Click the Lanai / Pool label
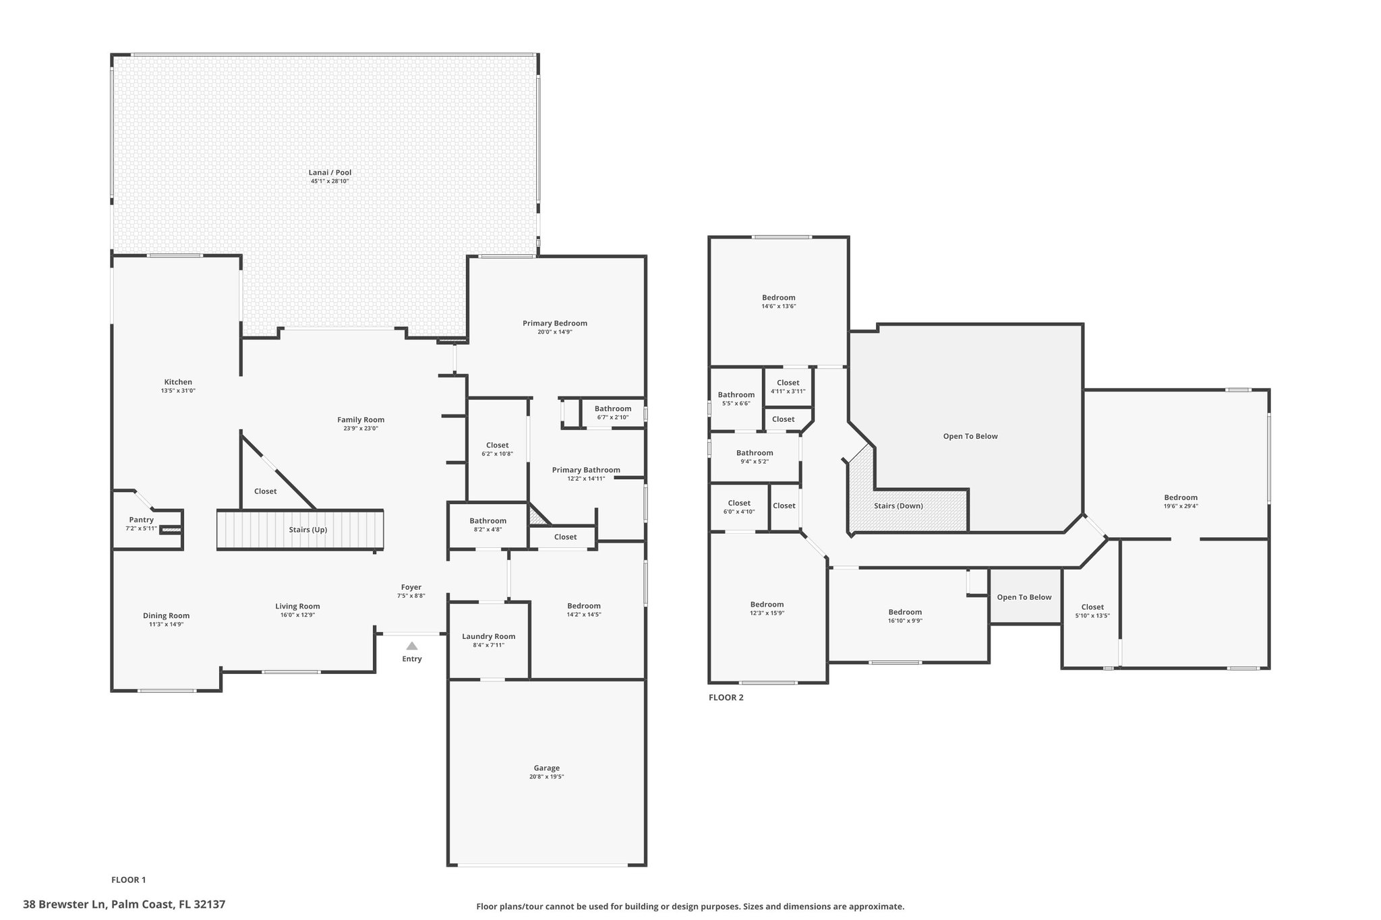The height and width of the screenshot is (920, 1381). (x=330, y=173)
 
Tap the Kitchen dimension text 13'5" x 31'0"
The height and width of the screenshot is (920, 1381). (x=178, y=391)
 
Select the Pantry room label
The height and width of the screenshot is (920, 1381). (x=142, y=520)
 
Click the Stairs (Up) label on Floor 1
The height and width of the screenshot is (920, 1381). (x=308, y=530)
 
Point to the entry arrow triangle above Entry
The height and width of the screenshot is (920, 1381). (x=412, y=646)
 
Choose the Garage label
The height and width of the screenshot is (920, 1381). (x=547, y=768)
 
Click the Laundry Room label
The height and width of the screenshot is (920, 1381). (x=489, y=636)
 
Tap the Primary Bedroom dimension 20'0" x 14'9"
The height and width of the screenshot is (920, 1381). (x=555, y=332)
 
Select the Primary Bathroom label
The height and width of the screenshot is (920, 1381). (x=586, y=470)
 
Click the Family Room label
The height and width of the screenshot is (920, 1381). (x=361, y=420)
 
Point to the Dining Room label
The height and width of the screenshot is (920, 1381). (x=167, y=615)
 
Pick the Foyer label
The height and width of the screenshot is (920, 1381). (x=411, y=587)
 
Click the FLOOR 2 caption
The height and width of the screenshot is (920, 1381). (x=726, y=698)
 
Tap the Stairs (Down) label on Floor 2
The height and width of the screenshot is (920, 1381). (x=899, y=505)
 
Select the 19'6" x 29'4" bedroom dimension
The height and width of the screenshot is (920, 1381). (x=1181, y=506)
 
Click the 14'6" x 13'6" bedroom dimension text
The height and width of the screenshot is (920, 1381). (x=779, y=306)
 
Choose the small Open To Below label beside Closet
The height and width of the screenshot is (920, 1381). (x=1024, y=597)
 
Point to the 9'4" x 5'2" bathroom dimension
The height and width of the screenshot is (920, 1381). (x=755, y=462)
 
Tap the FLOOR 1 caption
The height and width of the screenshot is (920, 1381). (x=129, y=880)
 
